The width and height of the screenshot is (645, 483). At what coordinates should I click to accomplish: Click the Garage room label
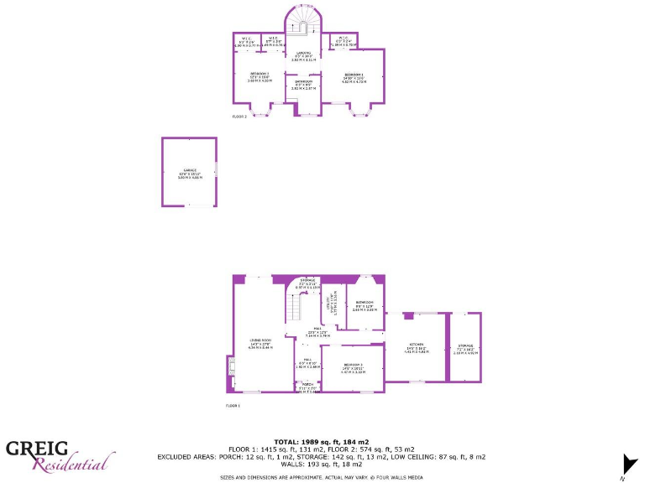pos(188,172)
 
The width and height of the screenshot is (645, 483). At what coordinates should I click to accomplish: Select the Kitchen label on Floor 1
pos(417,345)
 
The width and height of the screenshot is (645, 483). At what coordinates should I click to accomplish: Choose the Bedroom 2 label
pos(259,74)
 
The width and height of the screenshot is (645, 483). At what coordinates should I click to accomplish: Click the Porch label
pos(307,384)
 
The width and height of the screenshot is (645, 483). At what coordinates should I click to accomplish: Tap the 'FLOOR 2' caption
pos(239,117)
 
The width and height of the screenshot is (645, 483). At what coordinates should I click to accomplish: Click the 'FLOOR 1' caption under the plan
pos(233,405)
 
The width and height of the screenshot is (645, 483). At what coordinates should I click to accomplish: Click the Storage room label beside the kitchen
pos(465,345)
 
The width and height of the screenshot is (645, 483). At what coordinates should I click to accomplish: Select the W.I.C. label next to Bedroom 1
pos(343,39)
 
